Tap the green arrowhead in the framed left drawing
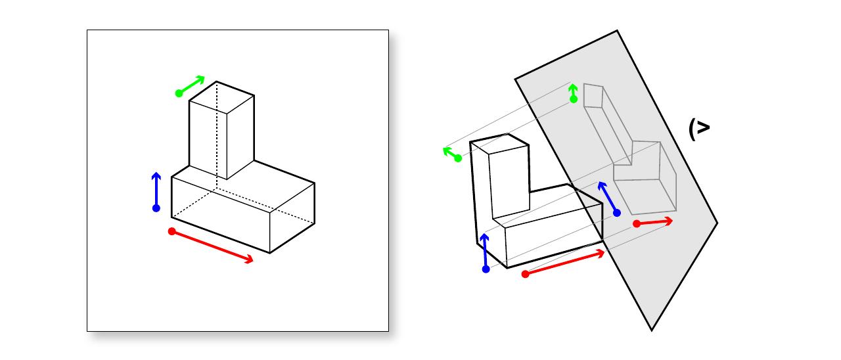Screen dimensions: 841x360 [x=200, y=79]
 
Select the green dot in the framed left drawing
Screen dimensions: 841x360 [x=179, y=93]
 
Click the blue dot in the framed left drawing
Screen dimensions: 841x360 [x=156, y=208]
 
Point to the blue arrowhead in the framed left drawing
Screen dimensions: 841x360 [x=156, y=175]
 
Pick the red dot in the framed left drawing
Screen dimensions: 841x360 [x=172, y=231]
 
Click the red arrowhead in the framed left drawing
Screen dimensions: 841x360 [x=249, y=259]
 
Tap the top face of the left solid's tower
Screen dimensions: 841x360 [x=221, y=97]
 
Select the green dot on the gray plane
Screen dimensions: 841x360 [x=574, y=99]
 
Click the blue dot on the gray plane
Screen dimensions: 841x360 [x=617, y=213]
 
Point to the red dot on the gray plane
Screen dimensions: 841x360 [x=637, y=224]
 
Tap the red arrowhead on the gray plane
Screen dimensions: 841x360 [x=669, y=221]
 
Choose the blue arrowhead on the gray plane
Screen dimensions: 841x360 [x=602, y=186]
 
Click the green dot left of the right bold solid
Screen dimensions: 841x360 [x=458, y=158]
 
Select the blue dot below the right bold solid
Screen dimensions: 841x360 [x=486, y=269]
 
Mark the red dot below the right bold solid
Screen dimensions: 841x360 [x=526, y=274]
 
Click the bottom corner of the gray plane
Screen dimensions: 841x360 [x=652, y=330]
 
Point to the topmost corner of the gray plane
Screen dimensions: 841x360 [x=617, y=31]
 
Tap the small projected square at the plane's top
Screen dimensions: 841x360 [x=593, y=96]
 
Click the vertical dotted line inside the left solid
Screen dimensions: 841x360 [x=217, y=135]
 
